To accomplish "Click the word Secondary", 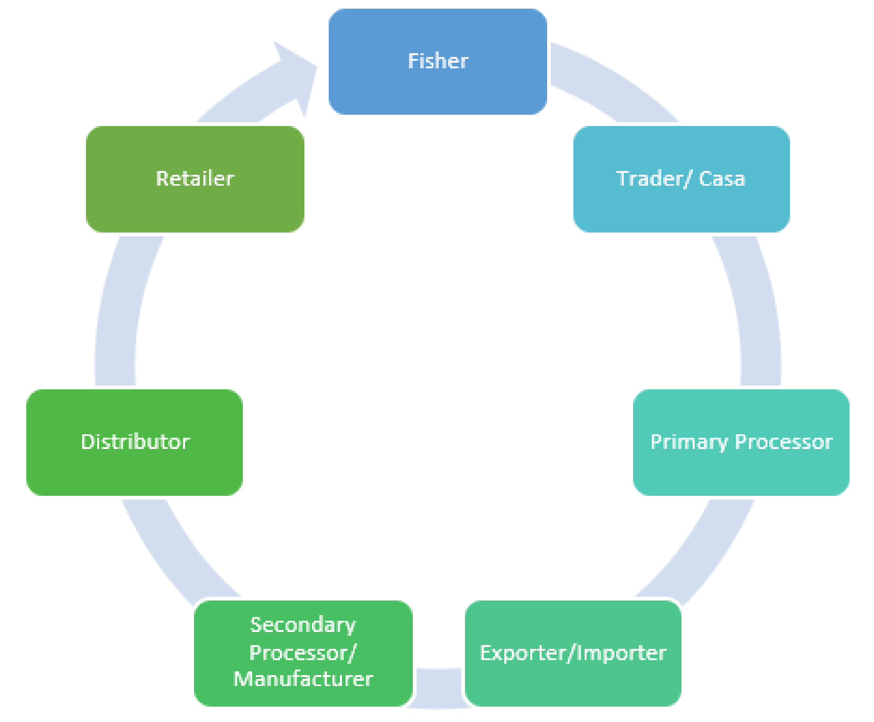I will [303, 625].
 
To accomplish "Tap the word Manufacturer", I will [303, 679].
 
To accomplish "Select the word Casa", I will [722, 179].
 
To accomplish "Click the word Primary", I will [689, 442].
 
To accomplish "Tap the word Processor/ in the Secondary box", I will [303, 653].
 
